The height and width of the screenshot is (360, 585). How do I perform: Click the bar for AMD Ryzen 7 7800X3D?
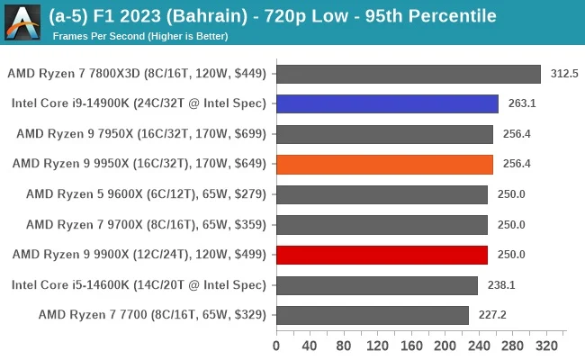[x=409, y=74]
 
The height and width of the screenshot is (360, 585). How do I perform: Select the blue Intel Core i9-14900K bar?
[x=387, y=103]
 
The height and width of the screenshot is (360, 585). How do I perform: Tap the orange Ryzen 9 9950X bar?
[x=384, y=164]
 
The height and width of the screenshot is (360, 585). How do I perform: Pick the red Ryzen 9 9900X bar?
[x=382, y=255]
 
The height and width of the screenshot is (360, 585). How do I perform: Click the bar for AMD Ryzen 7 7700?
[x=373, y=315]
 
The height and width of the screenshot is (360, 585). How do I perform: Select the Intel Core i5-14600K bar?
[x=377, y=285]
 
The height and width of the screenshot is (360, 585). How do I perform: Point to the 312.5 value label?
[x=563, y=74]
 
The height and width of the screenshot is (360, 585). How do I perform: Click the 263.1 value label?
[x=521, y=103]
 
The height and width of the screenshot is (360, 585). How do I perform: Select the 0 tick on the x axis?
[x=276, y=345]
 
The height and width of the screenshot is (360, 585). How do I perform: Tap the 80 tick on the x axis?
[x=344, y=345]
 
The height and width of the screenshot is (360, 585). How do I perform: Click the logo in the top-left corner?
[x=22, y=22]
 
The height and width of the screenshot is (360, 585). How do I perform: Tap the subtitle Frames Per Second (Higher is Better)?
[x=139, y=36]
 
